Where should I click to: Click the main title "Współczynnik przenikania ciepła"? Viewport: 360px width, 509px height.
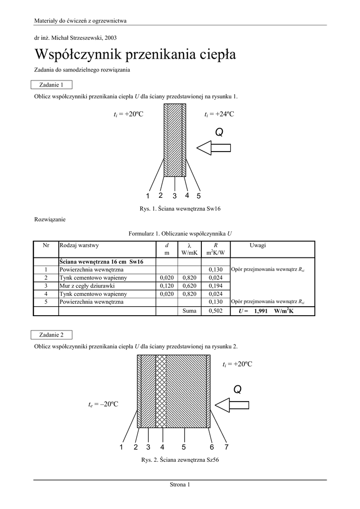[135, 54]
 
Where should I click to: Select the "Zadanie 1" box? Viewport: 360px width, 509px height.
[51, 85]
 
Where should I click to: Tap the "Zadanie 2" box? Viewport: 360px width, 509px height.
[51, 335]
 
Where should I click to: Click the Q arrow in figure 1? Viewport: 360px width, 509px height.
[213, 147]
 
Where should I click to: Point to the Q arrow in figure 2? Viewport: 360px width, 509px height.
[232, 404]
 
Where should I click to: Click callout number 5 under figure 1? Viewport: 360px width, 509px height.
[198, 196]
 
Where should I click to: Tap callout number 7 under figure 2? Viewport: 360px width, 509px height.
[226, 447]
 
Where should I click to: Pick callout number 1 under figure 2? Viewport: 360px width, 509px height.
[121, 447]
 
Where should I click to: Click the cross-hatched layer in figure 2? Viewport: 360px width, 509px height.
[161, 391]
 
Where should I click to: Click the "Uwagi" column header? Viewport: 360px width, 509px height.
[258, 245]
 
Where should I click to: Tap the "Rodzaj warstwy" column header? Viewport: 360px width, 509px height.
[79, 245]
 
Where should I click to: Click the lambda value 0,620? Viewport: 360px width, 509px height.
[189, 286]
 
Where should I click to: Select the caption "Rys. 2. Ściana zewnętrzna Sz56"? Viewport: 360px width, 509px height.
[180, 460]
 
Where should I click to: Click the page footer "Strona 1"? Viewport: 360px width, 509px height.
[180, 485]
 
